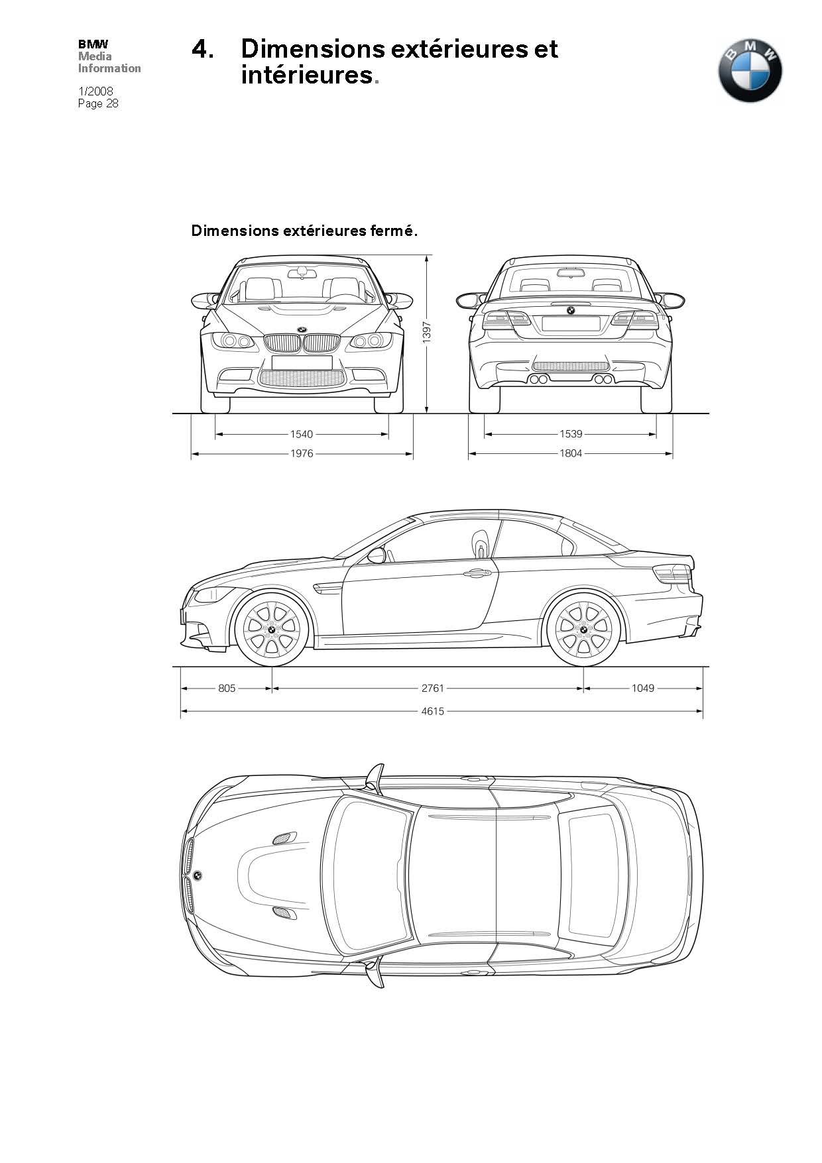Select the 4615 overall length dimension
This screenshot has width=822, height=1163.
click(x=433, y=711)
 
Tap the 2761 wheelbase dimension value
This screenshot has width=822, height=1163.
click(x=433, y=688)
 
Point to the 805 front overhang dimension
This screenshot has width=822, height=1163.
click(x=227, y=688)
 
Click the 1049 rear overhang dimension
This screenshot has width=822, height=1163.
click(x=642, y=688)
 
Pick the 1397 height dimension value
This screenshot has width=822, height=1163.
click(x=427, y=331)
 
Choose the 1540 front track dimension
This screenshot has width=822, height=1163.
click(x=302, y=434)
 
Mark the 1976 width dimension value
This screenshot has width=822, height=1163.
click(x=302, y=453)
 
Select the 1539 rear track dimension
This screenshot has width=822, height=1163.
click(x=571, y=434)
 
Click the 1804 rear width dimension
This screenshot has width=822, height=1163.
click(x=571, y=453)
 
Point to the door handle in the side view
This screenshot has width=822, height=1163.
click(x=475, y=573)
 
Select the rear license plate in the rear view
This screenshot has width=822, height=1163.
click(x=571, y=323)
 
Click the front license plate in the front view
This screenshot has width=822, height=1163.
click(x=302, y=362)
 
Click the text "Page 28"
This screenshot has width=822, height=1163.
click(x=98, y=103)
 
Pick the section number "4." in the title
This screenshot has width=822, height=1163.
click(x=203, y=49)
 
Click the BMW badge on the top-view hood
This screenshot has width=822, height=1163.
click(x=198, y=875)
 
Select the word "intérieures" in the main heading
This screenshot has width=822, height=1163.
click(x=307, y=75)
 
